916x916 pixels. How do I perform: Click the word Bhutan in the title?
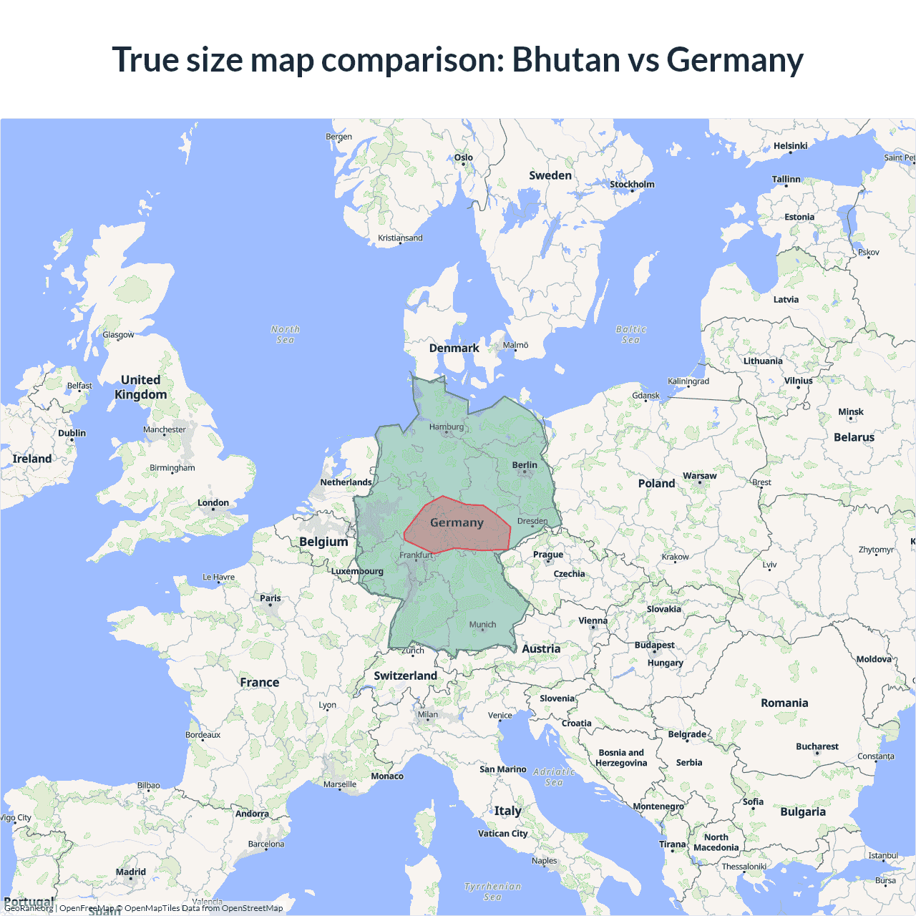coord(566,59)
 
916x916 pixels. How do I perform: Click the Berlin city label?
coord(525,465)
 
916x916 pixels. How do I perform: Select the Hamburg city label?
coord(447,427)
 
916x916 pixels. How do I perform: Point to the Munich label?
coord(482,625)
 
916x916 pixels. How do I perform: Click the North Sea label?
coord(286,334)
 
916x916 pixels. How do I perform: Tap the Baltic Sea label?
coord(630,334)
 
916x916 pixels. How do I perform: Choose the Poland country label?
coord(656,484)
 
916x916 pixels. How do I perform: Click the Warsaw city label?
coord(699,476)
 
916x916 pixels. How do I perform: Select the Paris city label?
coord(271,598)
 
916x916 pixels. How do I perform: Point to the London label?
coord(213,503)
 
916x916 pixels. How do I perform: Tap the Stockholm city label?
coord(632,185)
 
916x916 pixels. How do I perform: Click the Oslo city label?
coord(464,157)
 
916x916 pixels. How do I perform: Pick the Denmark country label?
coord(454,349)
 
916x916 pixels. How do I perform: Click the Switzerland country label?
coord(405,676)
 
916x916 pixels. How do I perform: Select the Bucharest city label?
coord(817,746)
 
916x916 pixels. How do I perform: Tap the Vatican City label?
coord(502,834)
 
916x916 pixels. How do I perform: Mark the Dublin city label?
coord(72,434)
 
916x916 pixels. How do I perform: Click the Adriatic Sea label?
coord(554,776)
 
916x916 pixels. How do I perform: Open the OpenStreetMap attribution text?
coord(252,908)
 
